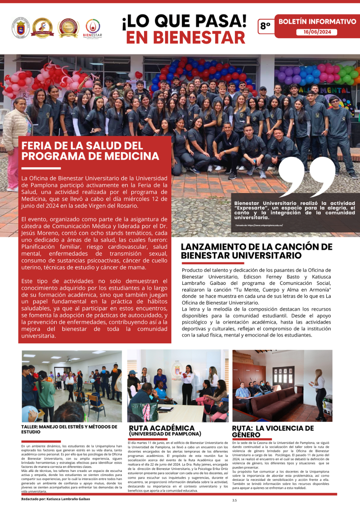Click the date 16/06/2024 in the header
(317, 32)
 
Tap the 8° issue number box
(265, 26)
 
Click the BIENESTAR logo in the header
(93, 28)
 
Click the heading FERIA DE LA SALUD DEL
(82, 146)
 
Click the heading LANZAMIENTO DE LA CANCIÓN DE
(256, 247)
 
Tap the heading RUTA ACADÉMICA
(162, 428)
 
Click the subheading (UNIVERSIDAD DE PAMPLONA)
(165, 434)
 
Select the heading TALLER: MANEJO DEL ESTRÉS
(69, 427)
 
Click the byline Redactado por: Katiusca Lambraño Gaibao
(55, 499)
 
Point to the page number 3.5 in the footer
(234, 500)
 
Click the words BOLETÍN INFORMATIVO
(317, 22)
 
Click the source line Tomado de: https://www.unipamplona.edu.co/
(259, 225)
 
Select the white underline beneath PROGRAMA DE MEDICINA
(41, 168)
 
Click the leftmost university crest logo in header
(21, 28)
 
